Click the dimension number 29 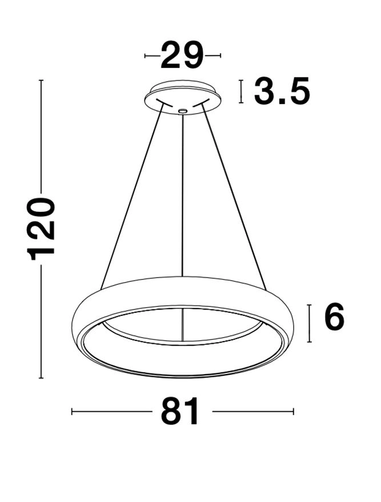(x=182, y=55)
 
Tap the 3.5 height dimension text (x=282, y=91)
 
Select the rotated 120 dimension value (x=42, y=228)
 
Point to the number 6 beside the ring (x=334, y=318)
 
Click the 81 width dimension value (x=181, y=411)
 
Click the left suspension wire (x=131, y=194)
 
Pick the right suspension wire (x=234, y=194)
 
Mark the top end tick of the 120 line (x=41, y=81)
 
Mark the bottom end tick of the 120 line (x=41, y=378)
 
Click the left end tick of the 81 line (x=72, y=411)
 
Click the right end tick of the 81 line (x=293, y=411)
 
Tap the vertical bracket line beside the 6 (x=309, y=323)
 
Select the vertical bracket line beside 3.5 (x=242, y=91)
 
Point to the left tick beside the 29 (x=146, y=55)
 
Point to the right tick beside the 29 (x=219, y=55)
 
